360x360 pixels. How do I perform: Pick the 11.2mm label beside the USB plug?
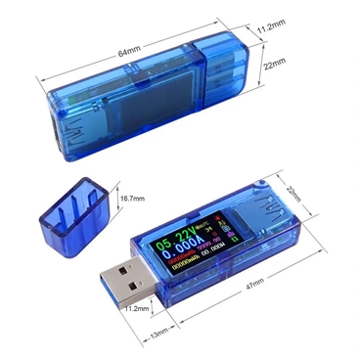[x=137, y=309]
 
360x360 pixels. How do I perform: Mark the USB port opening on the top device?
[x=49, y=128]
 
